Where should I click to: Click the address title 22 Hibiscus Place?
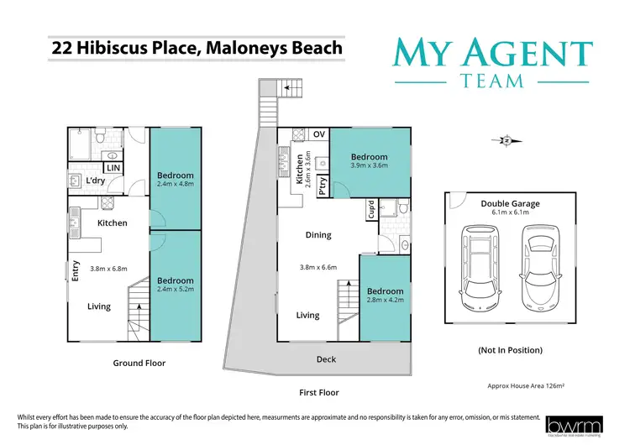tap(197, 48)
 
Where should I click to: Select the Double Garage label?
tap(510, 203)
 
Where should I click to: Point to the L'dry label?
tap(95, 181)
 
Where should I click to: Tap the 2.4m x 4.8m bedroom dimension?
tap(176, 186)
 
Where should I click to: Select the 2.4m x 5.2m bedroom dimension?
tap(176, 291)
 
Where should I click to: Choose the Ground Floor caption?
tap(139, 364)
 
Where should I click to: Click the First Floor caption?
tap(318, 392)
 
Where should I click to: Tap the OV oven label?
tap(318, 134)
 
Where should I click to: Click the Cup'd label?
tap(371, 208)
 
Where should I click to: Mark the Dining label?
tap(318, 235)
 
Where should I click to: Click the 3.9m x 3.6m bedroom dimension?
tap(369, 166)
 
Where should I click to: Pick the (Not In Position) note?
tap(509, 349)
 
